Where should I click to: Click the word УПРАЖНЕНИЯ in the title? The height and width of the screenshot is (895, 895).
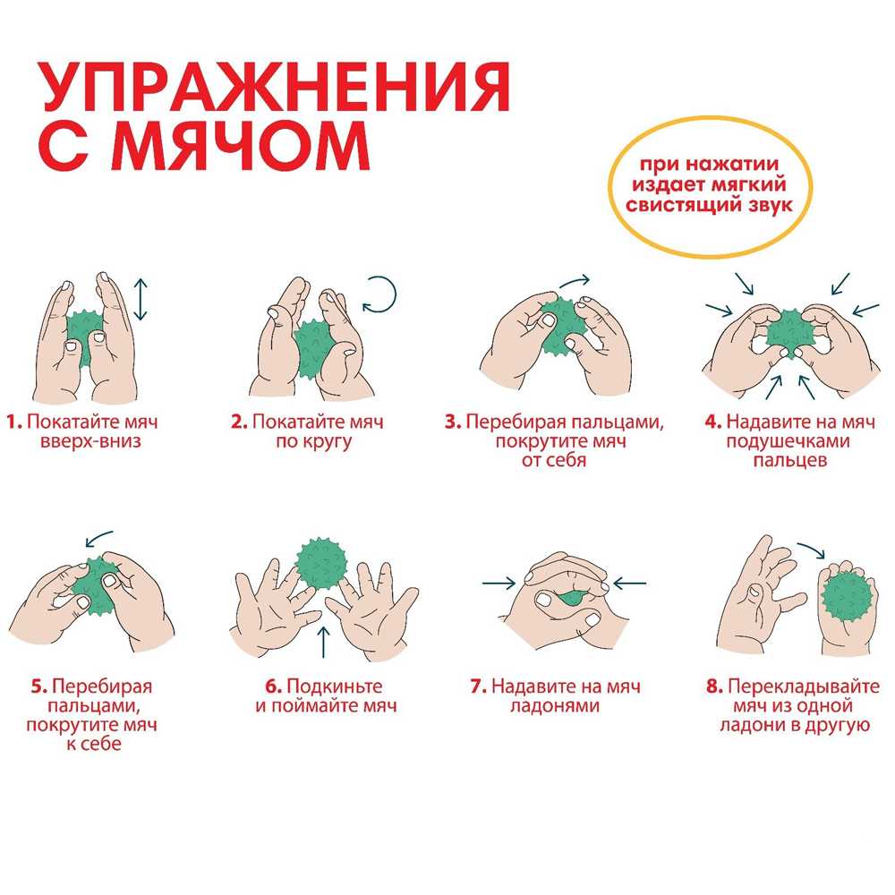275,88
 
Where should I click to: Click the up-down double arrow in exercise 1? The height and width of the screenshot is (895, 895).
141,299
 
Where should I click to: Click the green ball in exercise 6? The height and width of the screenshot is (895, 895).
322,564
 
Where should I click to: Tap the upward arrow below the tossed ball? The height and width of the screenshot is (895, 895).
324,642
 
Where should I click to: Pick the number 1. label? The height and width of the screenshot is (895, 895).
14,422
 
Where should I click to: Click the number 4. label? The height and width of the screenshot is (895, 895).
713,422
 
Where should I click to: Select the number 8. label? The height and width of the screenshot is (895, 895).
714,686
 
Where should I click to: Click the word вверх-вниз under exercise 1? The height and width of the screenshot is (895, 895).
90,442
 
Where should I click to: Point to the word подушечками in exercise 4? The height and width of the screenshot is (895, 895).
788,442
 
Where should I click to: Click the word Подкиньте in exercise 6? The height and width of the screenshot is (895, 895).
335,686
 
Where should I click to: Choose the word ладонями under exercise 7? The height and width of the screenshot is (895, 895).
555,707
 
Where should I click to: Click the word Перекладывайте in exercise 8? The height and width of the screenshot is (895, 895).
804,686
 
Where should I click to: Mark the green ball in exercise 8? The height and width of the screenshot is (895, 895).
848,598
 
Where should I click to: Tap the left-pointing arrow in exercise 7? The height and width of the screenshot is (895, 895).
629,584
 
